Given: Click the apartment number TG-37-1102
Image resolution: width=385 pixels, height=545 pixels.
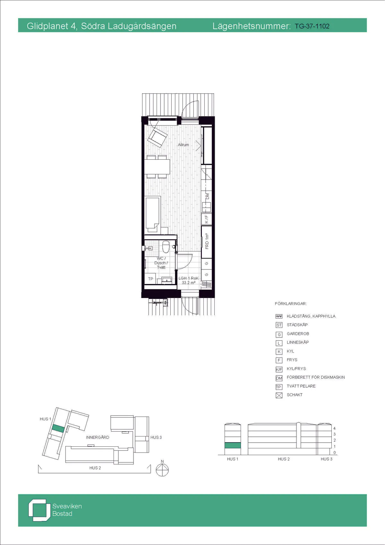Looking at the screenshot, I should click(x=312, y=26).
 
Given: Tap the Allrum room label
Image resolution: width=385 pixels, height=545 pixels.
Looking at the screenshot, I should click(x=184, y=145).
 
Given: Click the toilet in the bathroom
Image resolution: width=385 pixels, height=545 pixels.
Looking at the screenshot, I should click(x=166, y=247).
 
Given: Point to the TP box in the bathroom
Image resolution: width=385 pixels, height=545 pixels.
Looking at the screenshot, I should click(x=150, y=279).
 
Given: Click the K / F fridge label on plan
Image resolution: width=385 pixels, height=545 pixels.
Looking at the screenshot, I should click(x=207, y=219).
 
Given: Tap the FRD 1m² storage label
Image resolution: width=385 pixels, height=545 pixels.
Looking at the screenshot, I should click(x=207, y=241).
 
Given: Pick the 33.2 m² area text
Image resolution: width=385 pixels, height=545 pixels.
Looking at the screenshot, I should click(x=188, y=283).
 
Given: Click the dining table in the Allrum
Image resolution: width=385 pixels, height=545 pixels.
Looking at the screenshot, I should click(x=157, y=167).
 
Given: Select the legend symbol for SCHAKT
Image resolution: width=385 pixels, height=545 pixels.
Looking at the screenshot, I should click(x=279, y=395).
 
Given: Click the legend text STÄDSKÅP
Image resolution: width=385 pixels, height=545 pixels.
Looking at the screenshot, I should click(x=297, y=325).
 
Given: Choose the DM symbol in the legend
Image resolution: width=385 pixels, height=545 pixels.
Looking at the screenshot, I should click(x=279, y=378).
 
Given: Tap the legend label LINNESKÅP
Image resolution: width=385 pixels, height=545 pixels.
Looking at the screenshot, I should click(x=298, y=342).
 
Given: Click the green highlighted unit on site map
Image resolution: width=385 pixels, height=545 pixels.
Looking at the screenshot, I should click(x=58, y=428).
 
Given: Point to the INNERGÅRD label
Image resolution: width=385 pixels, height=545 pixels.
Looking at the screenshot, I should click(x=98, y=437).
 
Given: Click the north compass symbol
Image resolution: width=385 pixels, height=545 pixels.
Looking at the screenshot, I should click(x=162, y=470).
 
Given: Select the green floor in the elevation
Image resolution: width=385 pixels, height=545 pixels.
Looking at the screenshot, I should click(x=233, y=445).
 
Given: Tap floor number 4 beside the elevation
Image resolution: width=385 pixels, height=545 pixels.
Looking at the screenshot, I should click(x=334, y=428).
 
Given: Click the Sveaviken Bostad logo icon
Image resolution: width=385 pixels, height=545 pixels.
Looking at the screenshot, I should click(x=39, y=510).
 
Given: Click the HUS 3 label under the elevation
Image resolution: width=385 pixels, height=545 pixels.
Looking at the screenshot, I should click(x=326, y=459).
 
